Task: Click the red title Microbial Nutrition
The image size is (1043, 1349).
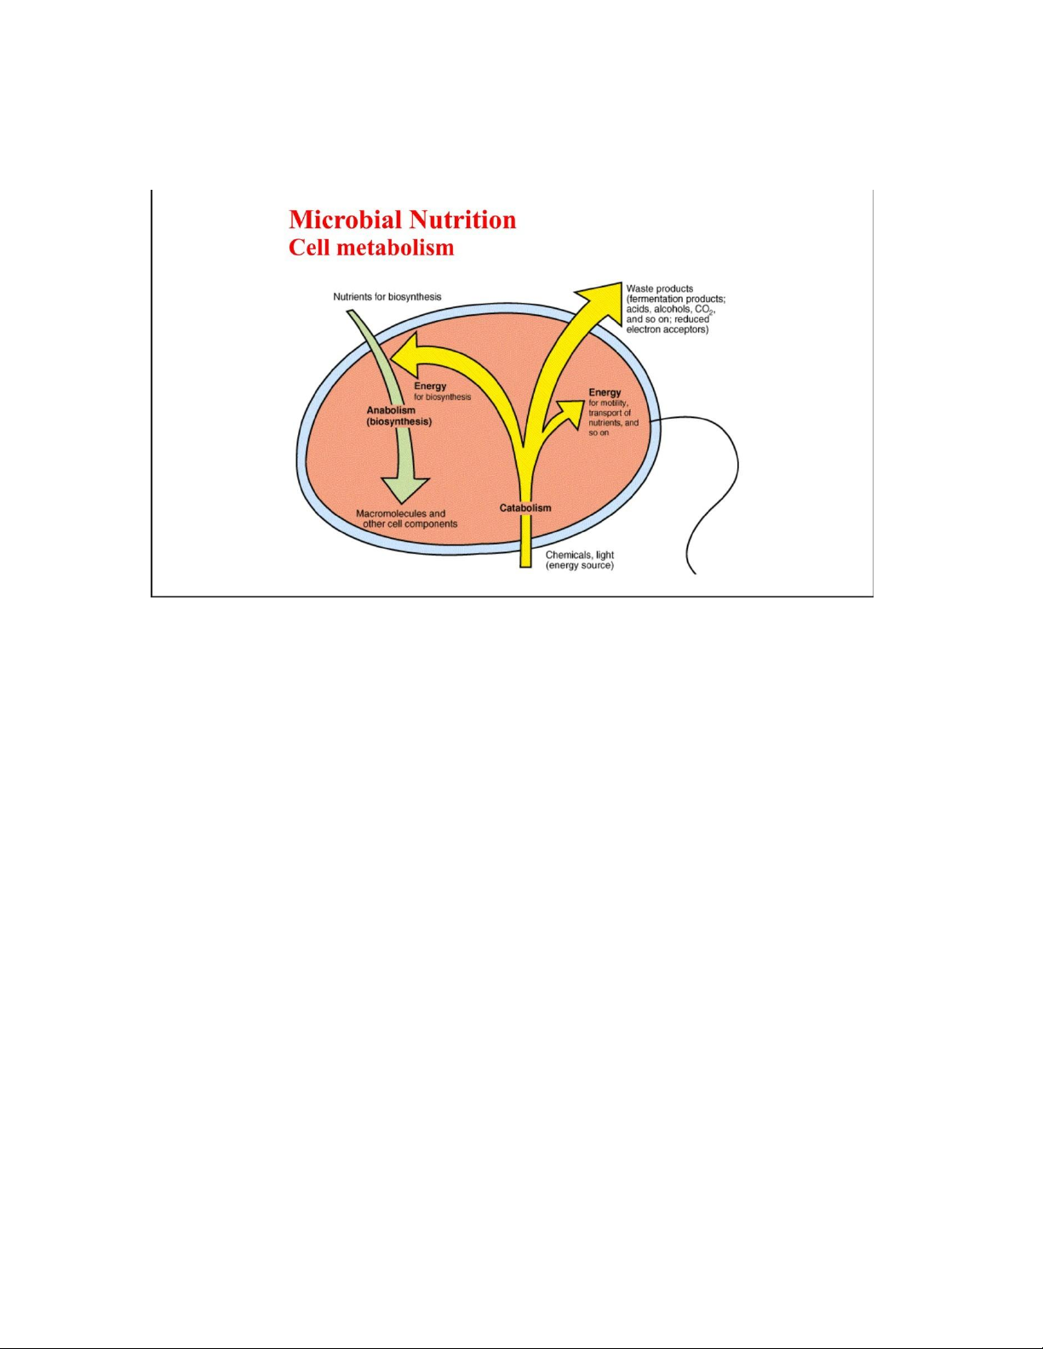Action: click(402, 220)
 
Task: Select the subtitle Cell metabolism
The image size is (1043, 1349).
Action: click(371, 248)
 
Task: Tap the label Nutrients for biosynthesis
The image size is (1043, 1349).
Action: click(387, 297)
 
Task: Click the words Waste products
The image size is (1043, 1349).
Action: click(659, 289)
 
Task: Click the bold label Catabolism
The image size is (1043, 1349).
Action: click(525, 508)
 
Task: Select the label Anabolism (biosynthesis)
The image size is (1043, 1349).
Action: click(399, 416)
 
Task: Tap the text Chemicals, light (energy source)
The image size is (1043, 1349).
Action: click(580, 560)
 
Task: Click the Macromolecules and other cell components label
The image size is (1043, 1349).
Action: click(406, 518)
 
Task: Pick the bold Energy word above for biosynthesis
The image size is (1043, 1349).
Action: click(430, 386)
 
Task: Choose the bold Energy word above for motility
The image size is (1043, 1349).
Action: click(605, 392)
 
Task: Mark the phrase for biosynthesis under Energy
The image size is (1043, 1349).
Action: click(443, 397)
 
